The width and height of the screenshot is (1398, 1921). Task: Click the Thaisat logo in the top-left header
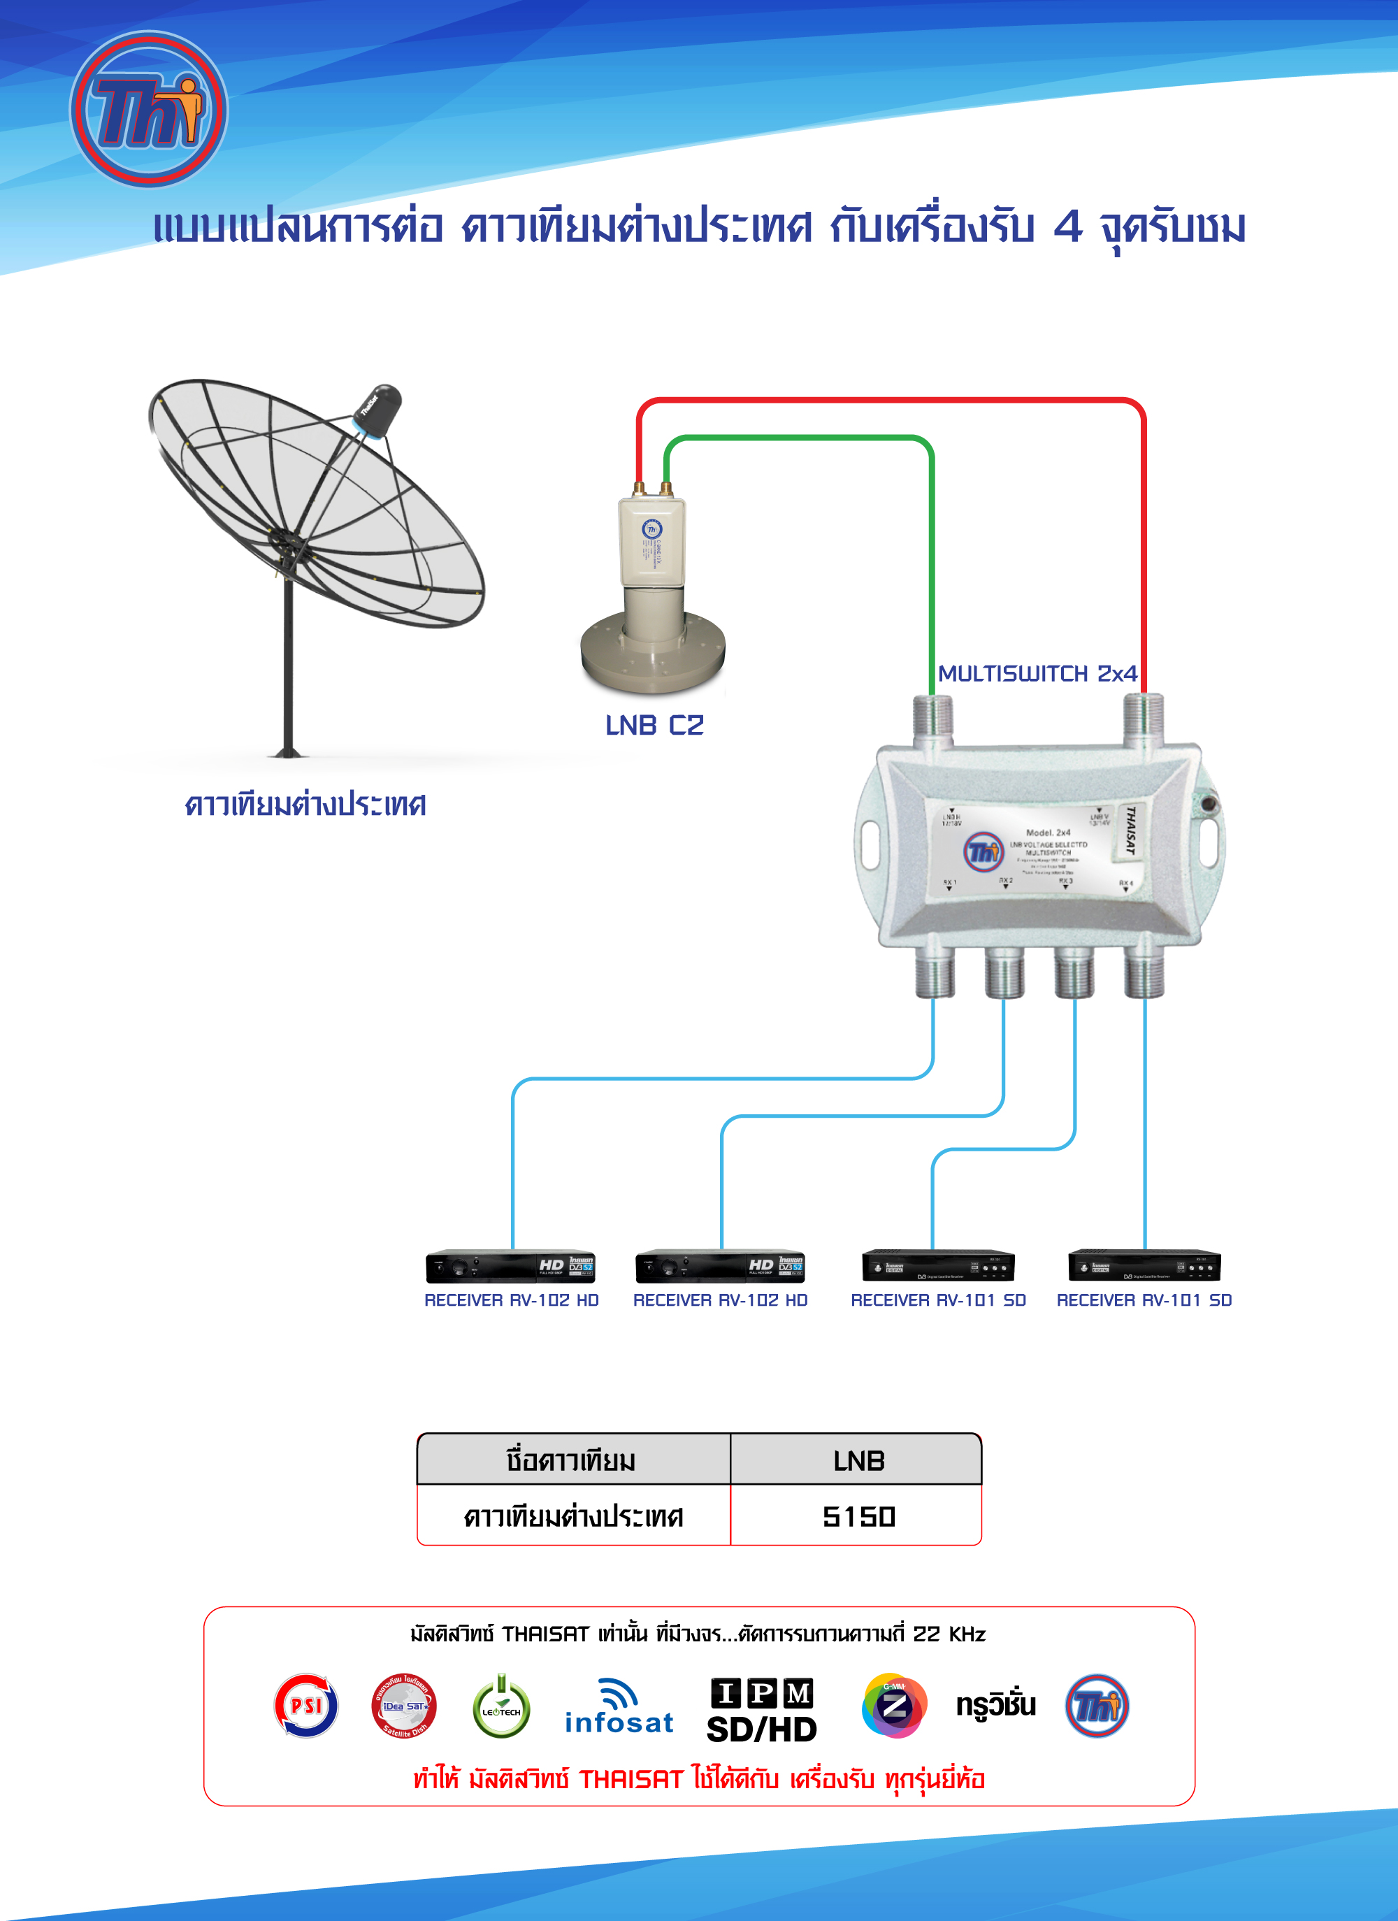148,109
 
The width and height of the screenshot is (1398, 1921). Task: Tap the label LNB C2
654,725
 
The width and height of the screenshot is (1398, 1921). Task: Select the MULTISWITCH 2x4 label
1037,673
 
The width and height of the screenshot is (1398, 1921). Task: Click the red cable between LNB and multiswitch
889,400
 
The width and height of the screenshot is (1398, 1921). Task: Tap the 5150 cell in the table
858,1516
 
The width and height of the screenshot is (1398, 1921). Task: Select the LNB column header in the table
858,1461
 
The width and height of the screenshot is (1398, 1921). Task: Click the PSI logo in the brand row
305,1705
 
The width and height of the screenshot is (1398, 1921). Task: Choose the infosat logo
619,1708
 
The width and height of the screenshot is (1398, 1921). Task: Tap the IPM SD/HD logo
761,1710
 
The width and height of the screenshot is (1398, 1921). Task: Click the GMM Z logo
894,1705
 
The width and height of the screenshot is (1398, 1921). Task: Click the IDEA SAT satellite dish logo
404,1706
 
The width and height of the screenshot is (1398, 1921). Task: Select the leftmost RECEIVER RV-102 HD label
512,1300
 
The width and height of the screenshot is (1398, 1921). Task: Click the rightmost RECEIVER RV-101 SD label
1144,1300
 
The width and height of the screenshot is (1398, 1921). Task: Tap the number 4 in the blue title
1068,226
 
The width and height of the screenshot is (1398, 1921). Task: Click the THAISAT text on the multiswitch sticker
1130,830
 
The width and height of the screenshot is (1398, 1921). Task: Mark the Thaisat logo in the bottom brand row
1097,1705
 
